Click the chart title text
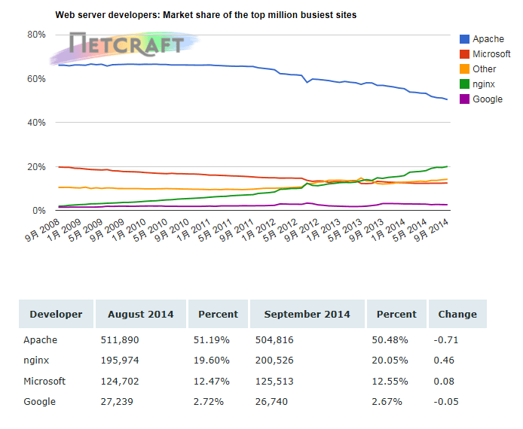(x=206, y=15)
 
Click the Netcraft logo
(x=124, y=45)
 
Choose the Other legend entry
(x=484, y=69)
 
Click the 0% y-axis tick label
(x=39, y=211)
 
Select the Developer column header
(x=56, y=315)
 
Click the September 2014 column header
(x=307, y=315)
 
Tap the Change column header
(x=457, y=315)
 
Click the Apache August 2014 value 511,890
(x=121, y=340)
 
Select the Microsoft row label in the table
(x=44, y=381)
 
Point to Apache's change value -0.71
(x=448, y=340)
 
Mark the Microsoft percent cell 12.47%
(x=210, y=381)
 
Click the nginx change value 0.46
(x=445, y=361)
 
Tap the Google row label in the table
(x=39, y=401)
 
